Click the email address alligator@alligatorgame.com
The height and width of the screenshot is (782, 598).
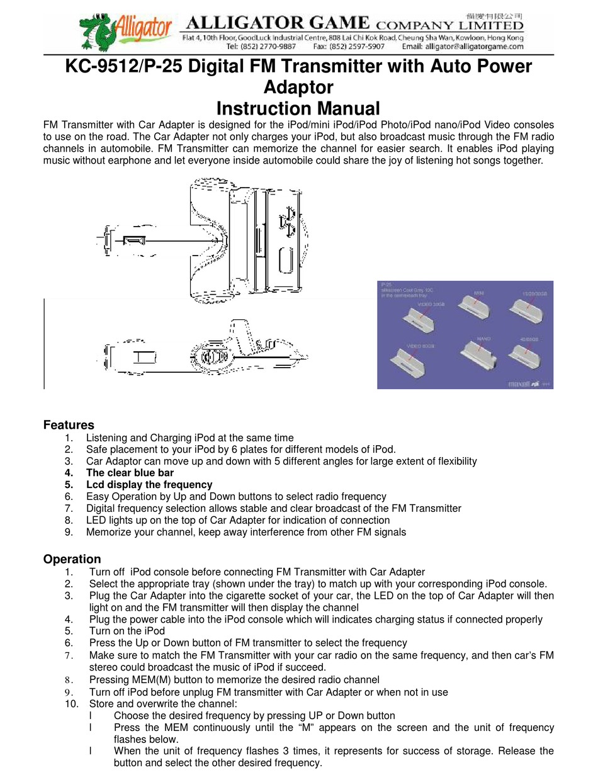click(x=473, y=46)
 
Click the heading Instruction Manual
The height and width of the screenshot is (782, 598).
click(x=298, y=108)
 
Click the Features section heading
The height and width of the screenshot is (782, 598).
click(x=69, y=425)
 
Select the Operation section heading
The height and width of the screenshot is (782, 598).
click(x=72, y=559)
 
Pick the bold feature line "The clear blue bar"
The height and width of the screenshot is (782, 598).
click(x=130, y=472)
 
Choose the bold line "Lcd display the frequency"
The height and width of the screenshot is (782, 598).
click(x=149, y=484)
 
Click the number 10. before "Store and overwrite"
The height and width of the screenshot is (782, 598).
click(x=72, y=703)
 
